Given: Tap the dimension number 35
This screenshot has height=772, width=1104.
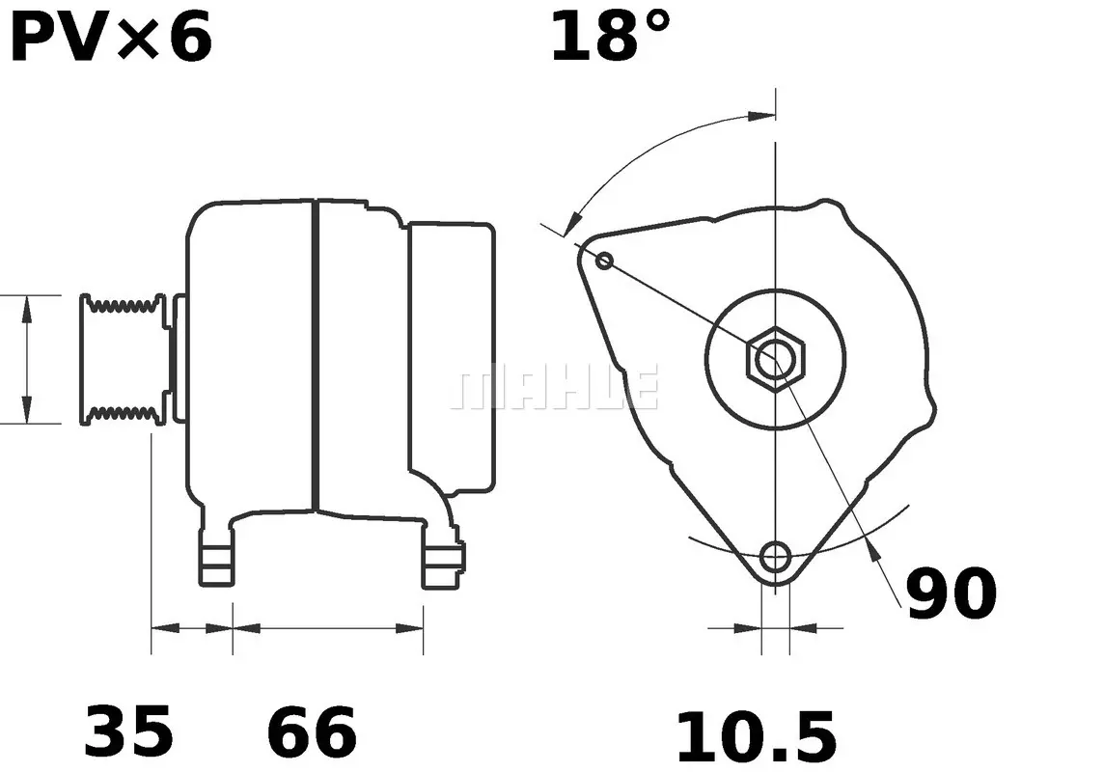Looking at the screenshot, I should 129,731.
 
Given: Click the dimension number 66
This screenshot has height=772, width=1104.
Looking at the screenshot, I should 312,731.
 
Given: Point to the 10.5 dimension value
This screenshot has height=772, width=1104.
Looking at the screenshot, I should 756,738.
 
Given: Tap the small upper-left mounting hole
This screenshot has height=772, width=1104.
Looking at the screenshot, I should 605,260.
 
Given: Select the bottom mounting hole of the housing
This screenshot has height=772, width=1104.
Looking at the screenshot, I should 775,557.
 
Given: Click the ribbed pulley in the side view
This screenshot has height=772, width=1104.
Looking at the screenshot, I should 124,359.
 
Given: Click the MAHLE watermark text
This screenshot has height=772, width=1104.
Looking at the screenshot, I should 555,387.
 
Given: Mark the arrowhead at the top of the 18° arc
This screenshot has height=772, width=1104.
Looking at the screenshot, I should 762,116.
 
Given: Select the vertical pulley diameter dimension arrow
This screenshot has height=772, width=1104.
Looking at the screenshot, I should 27,359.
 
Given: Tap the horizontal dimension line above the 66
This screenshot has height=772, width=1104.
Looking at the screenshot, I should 328,627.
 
